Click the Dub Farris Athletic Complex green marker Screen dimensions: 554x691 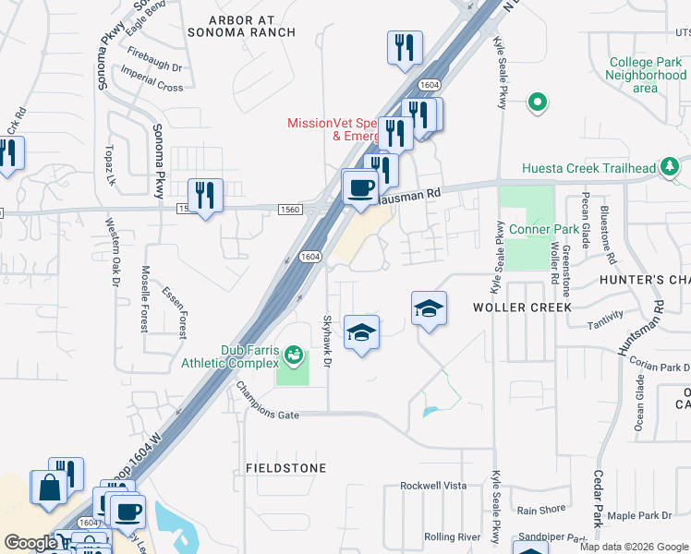pyautogui.click(x=294, y=355)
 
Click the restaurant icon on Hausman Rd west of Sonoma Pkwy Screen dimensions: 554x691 pyautogui.click(x=205, y=195)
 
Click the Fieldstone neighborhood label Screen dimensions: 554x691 pyautogui.click(x=286, y=468)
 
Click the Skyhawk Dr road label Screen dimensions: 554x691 pyautogui.click(x=325, y=341)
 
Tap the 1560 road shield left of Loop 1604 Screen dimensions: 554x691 pyautogui.click(x=289, y=210)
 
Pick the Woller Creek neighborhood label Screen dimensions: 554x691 pyautogui.click(x=522, y=307)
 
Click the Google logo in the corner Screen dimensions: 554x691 pyautogui.click(x=30, y=543)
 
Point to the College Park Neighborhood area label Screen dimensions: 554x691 pyautogui.click(x=646, y=75)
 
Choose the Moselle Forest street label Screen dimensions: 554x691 pyautogui.click(x=145, y=298)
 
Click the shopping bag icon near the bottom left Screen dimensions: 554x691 pyautogui.click(x=47, y=486)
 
